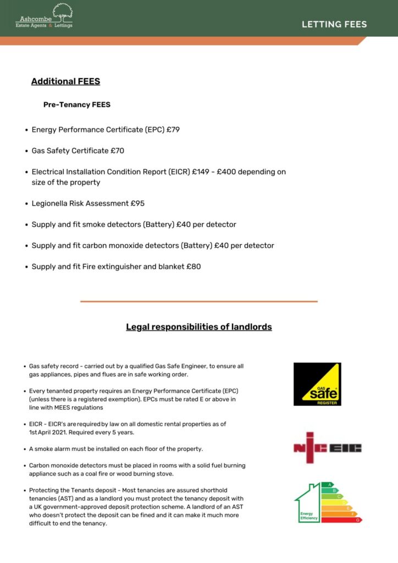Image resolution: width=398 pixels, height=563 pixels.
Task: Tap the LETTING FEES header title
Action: pos(334,24)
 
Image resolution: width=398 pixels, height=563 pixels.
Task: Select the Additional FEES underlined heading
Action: pos(65,81)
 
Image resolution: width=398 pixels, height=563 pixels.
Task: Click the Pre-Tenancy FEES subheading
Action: pos(77,104)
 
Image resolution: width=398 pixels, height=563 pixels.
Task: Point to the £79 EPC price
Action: pos(174,130)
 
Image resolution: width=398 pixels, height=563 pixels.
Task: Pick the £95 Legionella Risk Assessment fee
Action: pos(137,203)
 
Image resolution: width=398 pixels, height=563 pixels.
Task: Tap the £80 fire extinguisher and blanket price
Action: pos(194,267)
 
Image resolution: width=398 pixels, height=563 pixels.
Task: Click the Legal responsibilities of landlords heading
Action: pos(199,327)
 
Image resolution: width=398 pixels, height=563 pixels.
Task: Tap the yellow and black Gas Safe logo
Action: pos(317,384)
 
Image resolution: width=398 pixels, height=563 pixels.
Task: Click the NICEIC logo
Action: pos(328,448)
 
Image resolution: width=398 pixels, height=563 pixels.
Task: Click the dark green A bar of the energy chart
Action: pos(328,484)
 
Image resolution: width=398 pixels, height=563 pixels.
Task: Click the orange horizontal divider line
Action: pos(199,301)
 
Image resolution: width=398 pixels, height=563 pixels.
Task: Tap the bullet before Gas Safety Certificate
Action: pos(26,151)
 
